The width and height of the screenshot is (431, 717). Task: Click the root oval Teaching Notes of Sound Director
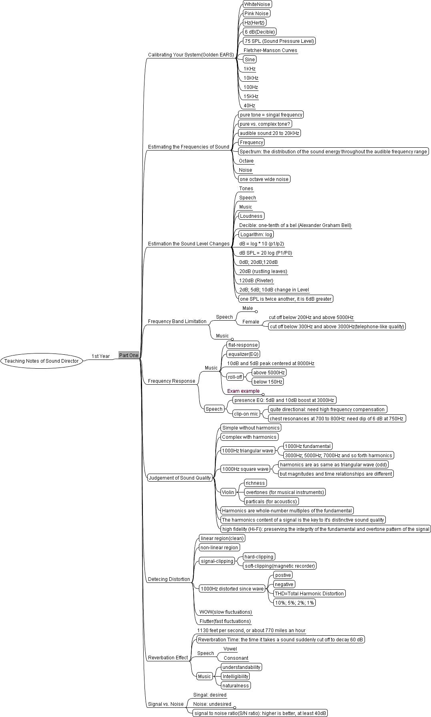42,361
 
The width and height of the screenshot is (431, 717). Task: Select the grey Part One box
128,355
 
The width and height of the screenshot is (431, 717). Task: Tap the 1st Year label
100,356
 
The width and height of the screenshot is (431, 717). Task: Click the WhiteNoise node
257,4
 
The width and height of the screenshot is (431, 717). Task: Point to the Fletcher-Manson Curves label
271,50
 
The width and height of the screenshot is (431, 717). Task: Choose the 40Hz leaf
249,106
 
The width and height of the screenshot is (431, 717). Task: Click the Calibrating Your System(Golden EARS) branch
191,54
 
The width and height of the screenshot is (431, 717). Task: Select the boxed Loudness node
251,216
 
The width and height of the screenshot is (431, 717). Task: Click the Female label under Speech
251,321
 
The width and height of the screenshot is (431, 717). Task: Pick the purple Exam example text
243,391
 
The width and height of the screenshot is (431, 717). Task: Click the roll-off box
235,377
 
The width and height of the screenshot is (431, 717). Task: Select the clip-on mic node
246,414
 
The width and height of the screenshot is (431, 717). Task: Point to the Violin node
228,492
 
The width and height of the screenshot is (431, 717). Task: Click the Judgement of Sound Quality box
180,477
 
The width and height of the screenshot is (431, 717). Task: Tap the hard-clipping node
259,556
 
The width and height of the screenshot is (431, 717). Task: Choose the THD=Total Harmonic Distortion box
309,593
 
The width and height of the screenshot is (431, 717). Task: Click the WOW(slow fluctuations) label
226,612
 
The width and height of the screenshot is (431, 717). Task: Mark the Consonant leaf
236,658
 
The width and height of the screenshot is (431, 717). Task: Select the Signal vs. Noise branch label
166,704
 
